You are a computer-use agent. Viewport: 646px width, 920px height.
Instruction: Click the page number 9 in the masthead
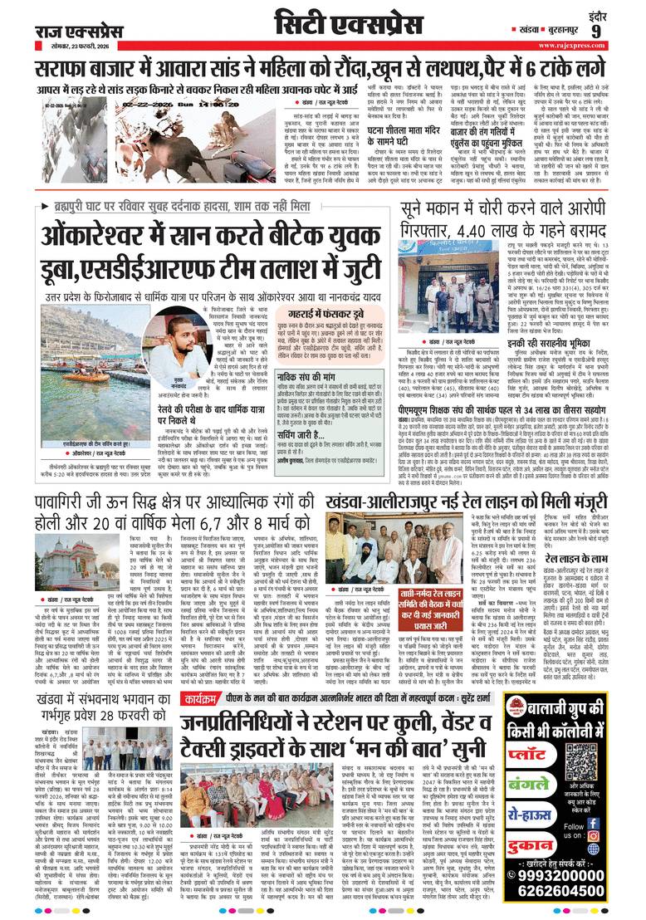click(x=619, y=30)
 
